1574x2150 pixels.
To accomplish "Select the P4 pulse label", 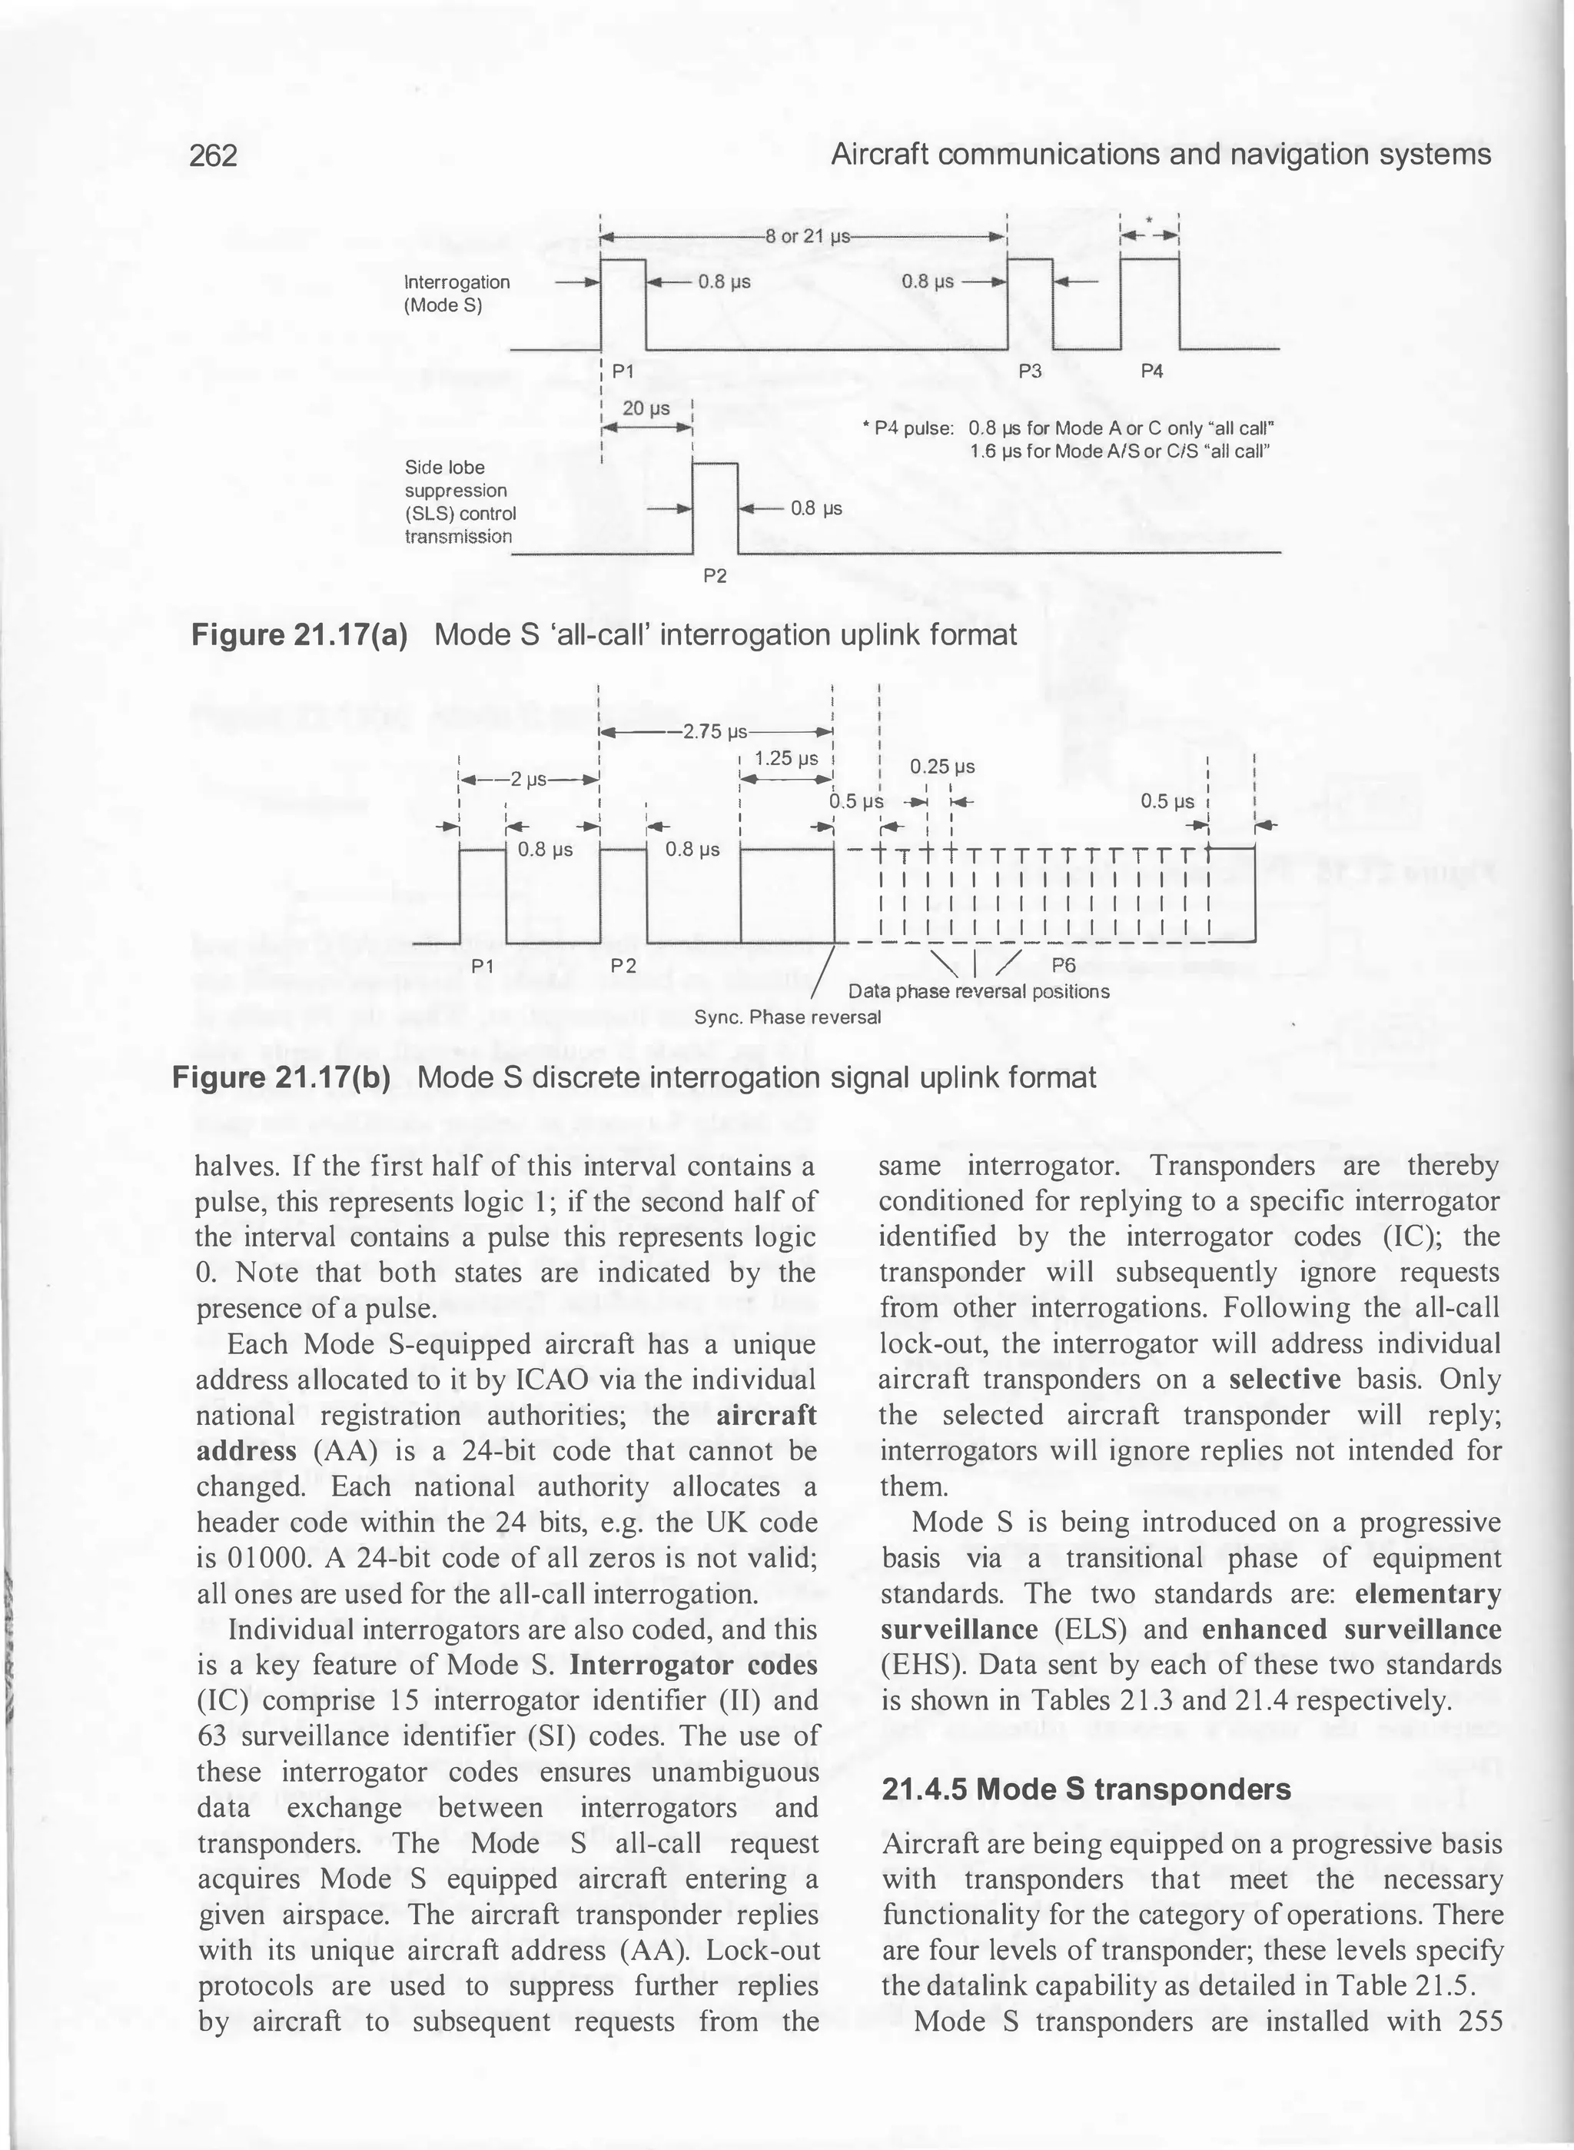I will point(1151,371).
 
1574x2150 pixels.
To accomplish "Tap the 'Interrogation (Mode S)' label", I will point(457,294).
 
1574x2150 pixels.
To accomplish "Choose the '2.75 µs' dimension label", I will point(715,732).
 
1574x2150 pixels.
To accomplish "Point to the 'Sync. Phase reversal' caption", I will point(787,1017).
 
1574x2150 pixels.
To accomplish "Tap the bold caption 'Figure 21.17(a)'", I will point(301,634).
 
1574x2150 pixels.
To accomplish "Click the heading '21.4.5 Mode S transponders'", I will point(1086,1789).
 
